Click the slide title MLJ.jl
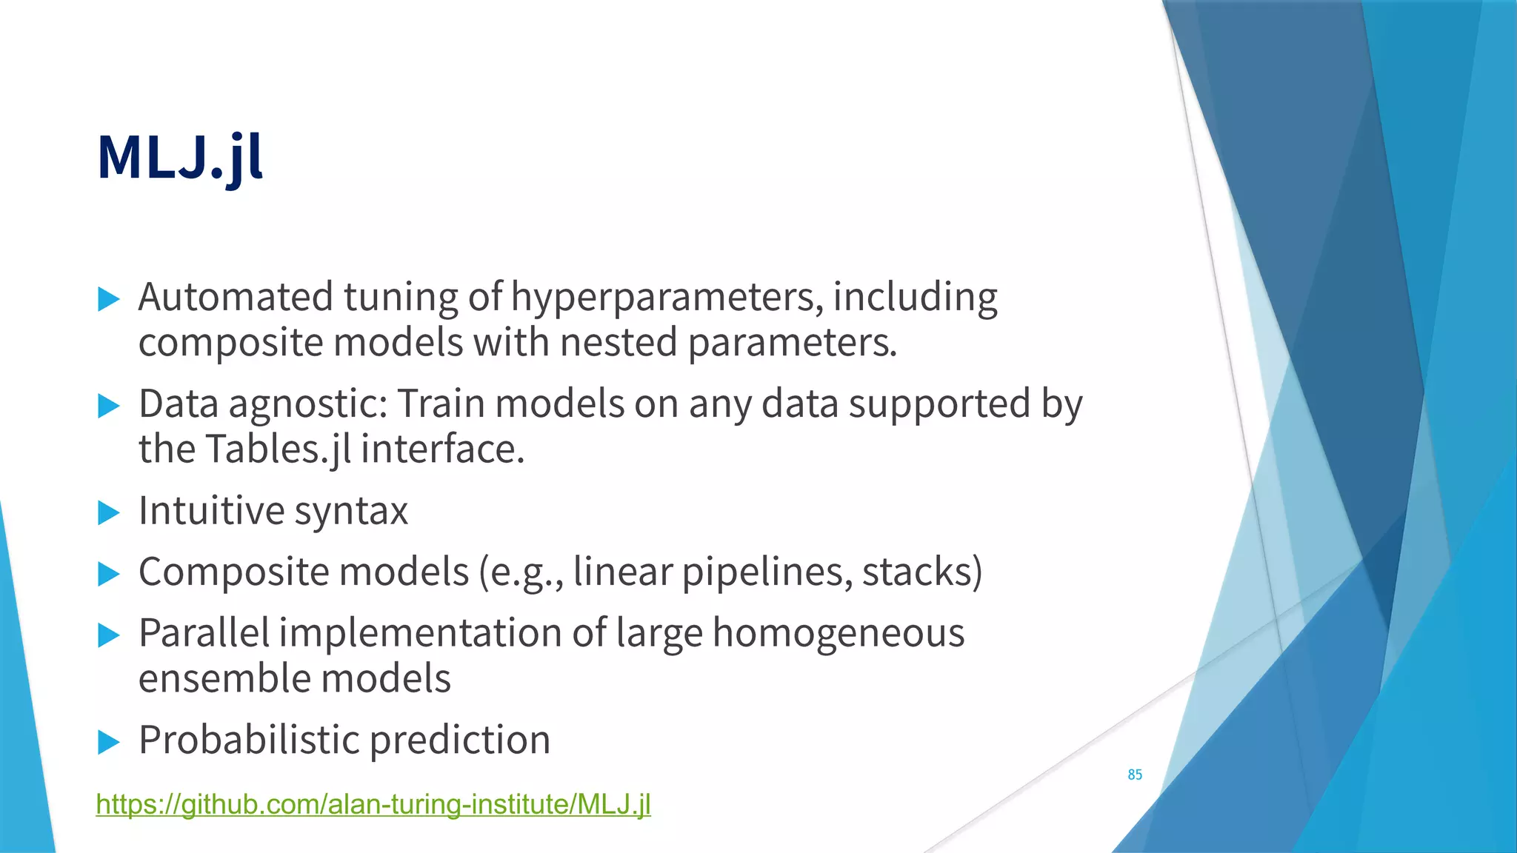[x=180, y=158]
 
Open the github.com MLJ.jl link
[x=373, y=804]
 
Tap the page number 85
[x=1134, y=775]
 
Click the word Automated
[x=236, y=297]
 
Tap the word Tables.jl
[x=277, y=449]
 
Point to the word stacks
[x=921, y=572]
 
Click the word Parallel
[x=204, y=634]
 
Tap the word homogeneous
[x=838, y=635]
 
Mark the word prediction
[x=459, y=740]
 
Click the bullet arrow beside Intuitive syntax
[x=109, y=512]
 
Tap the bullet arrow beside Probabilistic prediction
[x=109, y=741]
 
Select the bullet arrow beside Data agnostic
[x=109, y=406]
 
